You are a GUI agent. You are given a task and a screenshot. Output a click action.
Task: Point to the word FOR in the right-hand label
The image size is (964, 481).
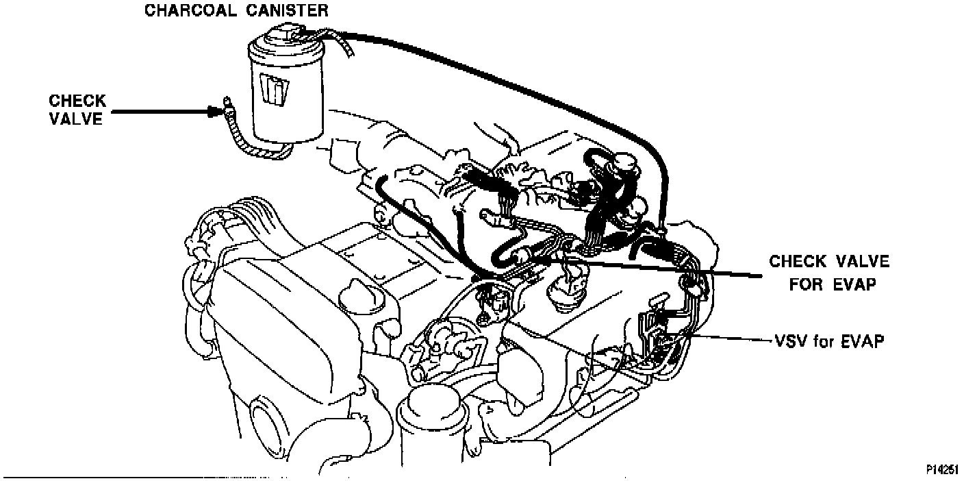(805, 283)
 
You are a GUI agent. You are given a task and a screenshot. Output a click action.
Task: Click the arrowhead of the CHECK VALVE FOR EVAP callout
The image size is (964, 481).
(542, 260)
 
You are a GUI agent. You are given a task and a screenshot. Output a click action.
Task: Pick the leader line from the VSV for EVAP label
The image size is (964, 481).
(726, 338)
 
